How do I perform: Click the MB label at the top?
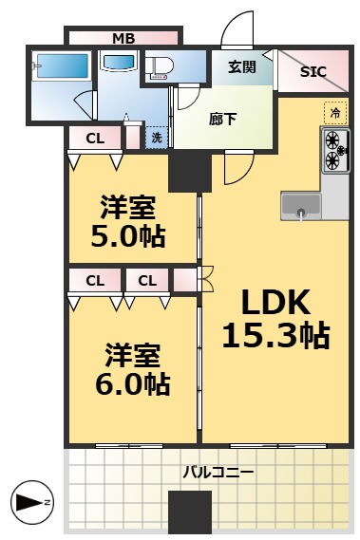point(123,39)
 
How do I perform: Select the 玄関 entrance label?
point(242,66)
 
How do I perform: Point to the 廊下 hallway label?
point(224,119)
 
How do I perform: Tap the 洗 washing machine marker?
point(157,138)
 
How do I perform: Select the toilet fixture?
point(159,66)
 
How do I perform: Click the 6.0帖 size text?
point(133,384)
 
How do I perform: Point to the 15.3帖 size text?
point(275,335)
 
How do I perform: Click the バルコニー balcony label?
point(218,472)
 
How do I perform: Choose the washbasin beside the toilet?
point(118,63)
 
